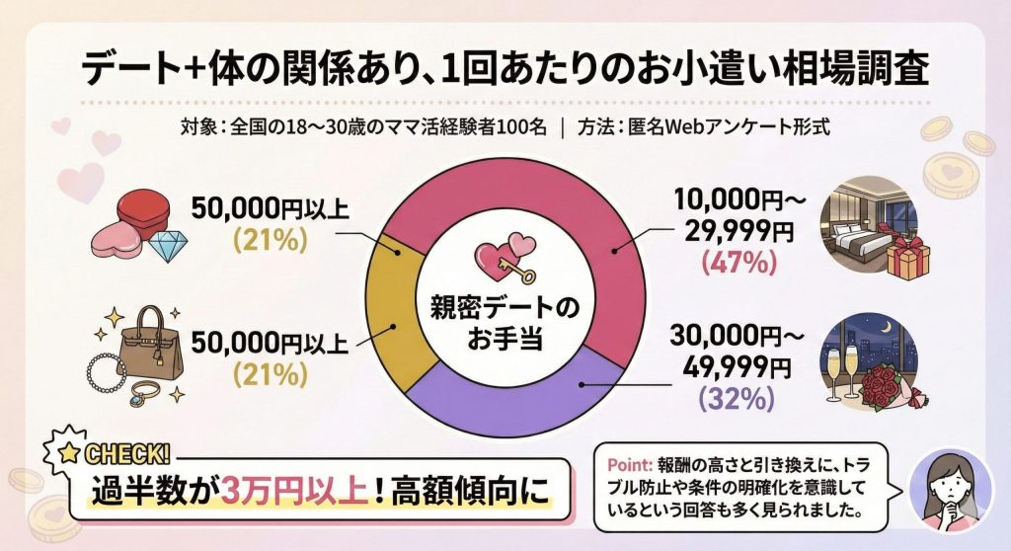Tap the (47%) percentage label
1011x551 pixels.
click(x=732, y=264)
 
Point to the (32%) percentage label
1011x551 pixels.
click(x=732, y=399)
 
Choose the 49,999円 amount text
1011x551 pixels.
click(x=732, y=367)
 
